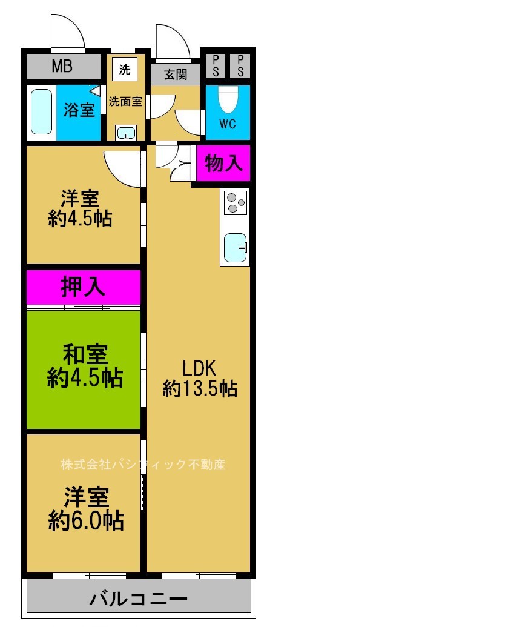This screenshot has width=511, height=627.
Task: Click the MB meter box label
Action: point(62,66)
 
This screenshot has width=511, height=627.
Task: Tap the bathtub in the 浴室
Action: point(41,112)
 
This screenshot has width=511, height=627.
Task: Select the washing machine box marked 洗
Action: point(124,69)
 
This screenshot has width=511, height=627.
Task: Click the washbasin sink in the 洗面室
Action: point(126,133)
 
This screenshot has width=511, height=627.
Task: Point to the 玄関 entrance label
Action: point(175,75)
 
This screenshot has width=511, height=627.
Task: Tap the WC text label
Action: point(227,125)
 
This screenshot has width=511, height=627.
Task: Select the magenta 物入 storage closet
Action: point(223,163)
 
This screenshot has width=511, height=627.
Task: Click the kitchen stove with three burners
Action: point(235,202)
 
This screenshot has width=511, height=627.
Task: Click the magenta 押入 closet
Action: point(83,288)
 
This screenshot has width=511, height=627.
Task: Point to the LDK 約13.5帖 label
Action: point(199,378)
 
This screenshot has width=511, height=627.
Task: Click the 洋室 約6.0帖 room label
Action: point(86,508)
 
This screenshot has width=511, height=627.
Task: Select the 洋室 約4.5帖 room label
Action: point(80,208)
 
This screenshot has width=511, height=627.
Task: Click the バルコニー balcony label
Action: point(139,599)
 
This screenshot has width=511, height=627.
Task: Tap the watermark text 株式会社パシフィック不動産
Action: point(143,465)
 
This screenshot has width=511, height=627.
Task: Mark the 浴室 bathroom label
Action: point(79,110)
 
